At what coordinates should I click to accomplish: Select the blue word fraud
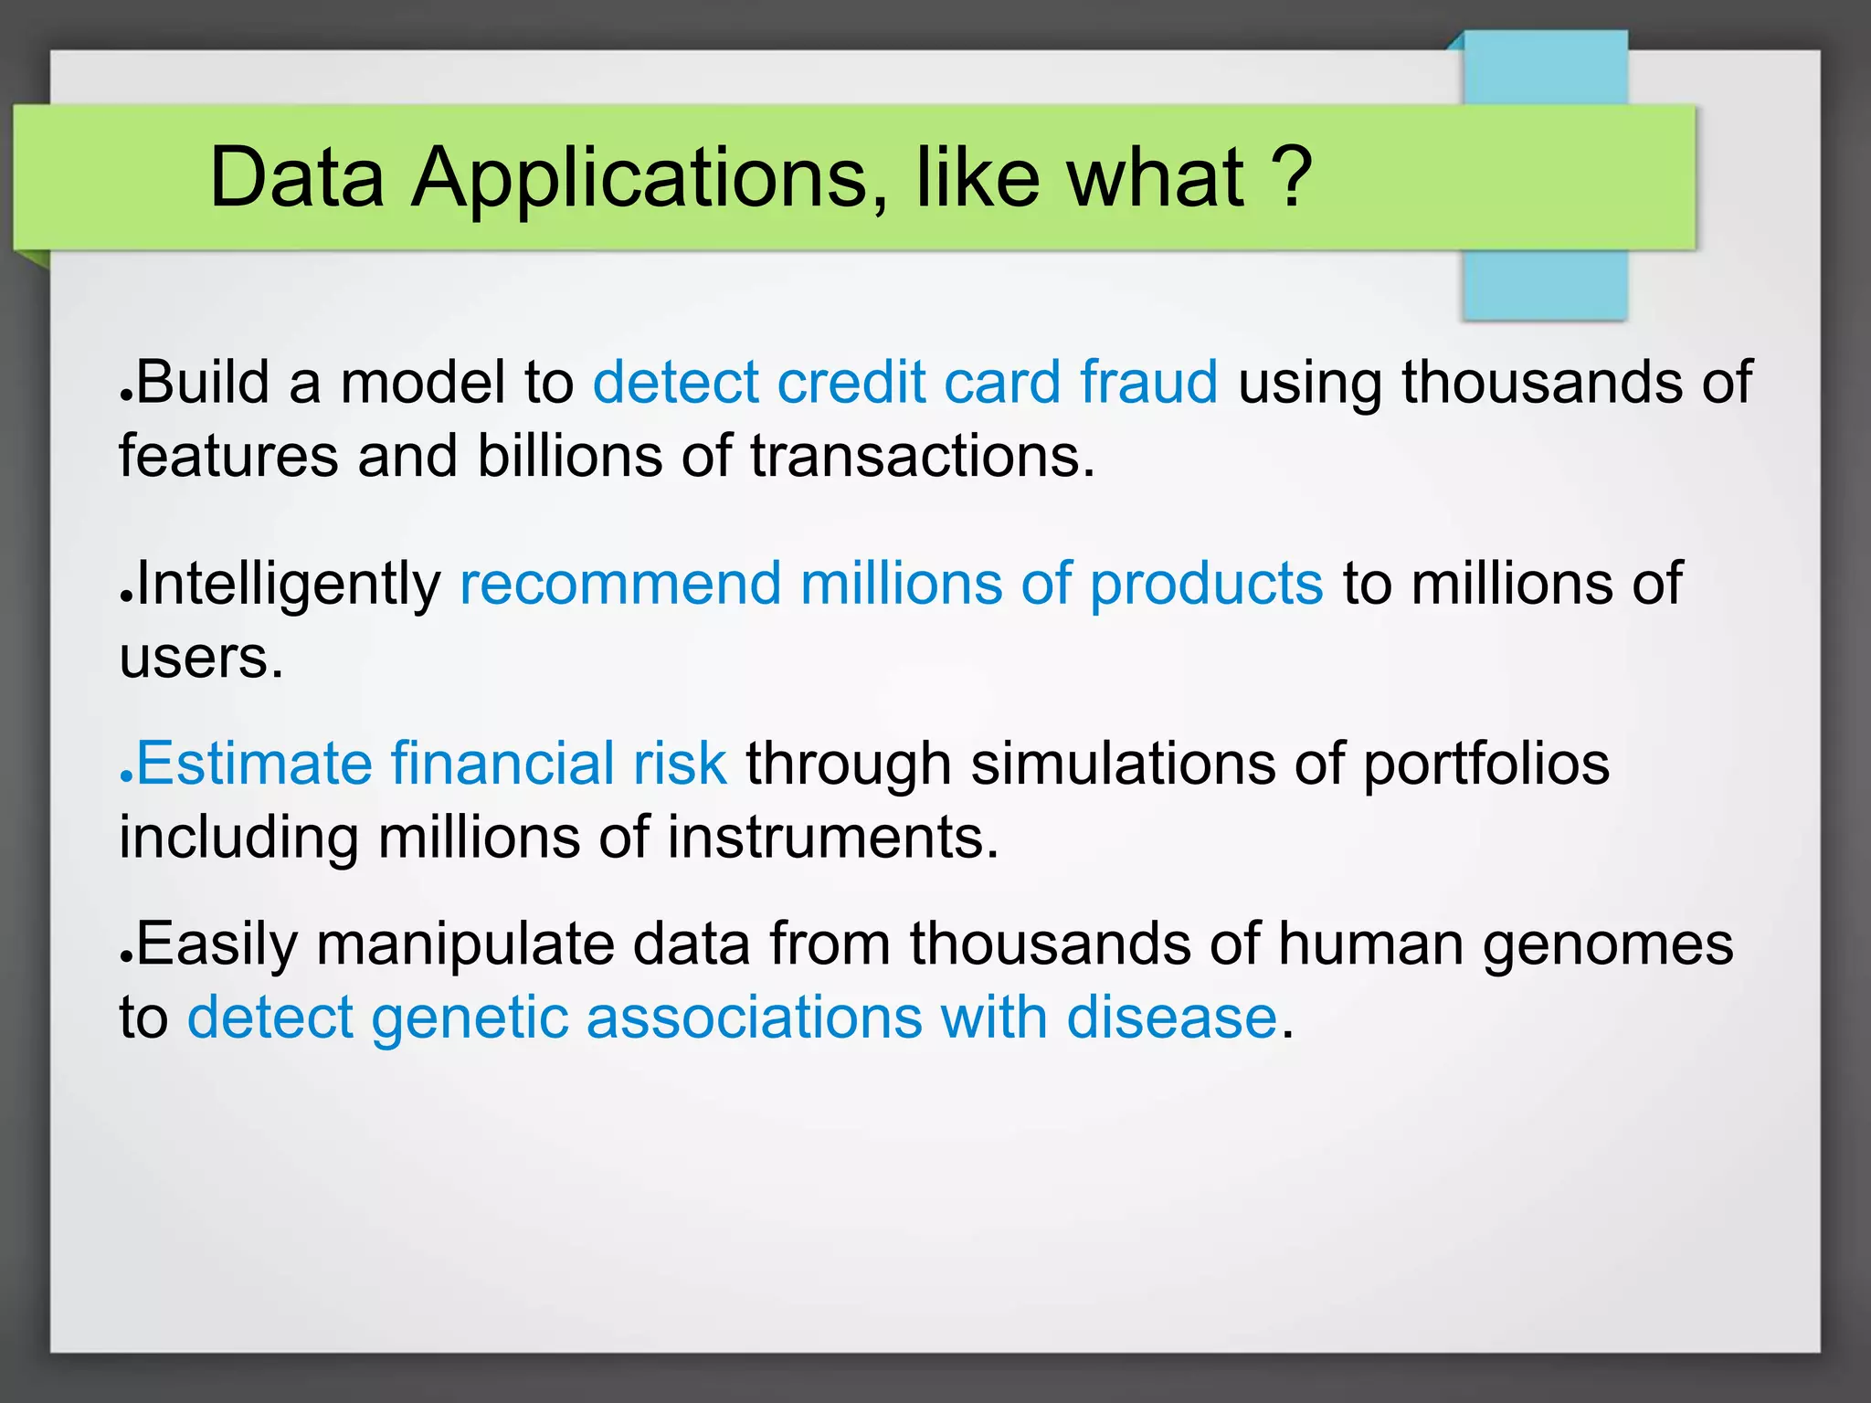(x=1148, y=382)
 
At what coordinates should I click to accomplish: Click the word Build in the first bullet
(x=203, y=382)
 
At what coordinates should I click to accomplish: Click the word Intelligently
(x=288, y=585)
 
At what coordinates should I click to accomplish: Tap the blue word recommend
(x=620, y=584)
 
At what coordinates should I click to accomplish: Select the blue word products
(x=1206, y=585)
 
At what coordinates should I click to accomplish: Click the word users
(x=200, y=658)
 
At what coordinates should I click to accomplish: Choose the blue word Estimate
(x=254, y=764)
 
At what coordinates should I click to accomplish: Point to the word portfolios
(x=1486, y=765)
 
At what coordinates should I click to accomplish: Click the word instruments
(x=831, y=838)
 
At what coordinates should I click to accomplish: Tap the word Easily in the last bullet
(x=217, y=944)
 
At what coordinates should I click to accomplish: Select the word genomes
(x=1607, y=944)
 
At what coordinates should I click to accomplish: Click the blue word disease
(x=1171, y=1018)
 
